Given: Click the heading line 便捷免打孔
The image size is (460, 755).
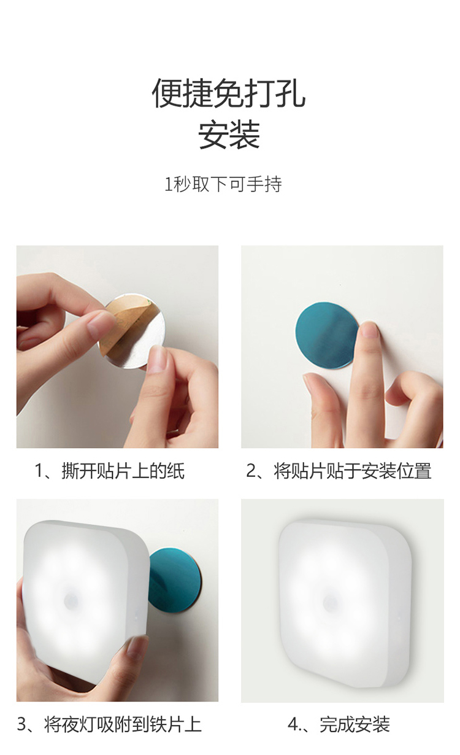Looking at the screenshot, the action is pos(229,93).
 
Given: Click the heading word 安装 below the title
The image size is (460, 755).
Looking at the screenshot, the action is pos(229,135).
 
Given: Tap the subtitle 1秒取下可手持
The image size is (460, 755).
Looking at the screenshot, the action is pos(223,184).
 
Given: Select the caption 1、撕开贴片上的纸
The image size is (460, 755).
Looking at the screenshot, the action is pos(110,471).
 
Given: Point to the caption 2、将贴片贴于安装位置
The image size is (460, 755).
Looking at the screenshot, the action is pos(339,471).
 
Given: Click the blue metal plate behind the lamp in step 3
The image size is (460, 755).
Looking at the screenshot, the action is pos(175,581).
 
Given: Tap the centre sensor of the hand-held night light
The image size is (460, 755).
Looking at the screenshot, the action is pos(71,600).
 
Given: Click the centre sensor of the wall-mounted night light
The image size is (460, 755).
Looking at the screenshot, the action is pos(331,602).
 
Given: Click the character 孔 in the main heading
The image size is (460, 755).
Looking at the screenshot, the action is pos(291,93).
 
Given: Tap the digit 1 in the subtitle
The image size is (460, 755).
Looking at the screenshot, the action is pos(169,184).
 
